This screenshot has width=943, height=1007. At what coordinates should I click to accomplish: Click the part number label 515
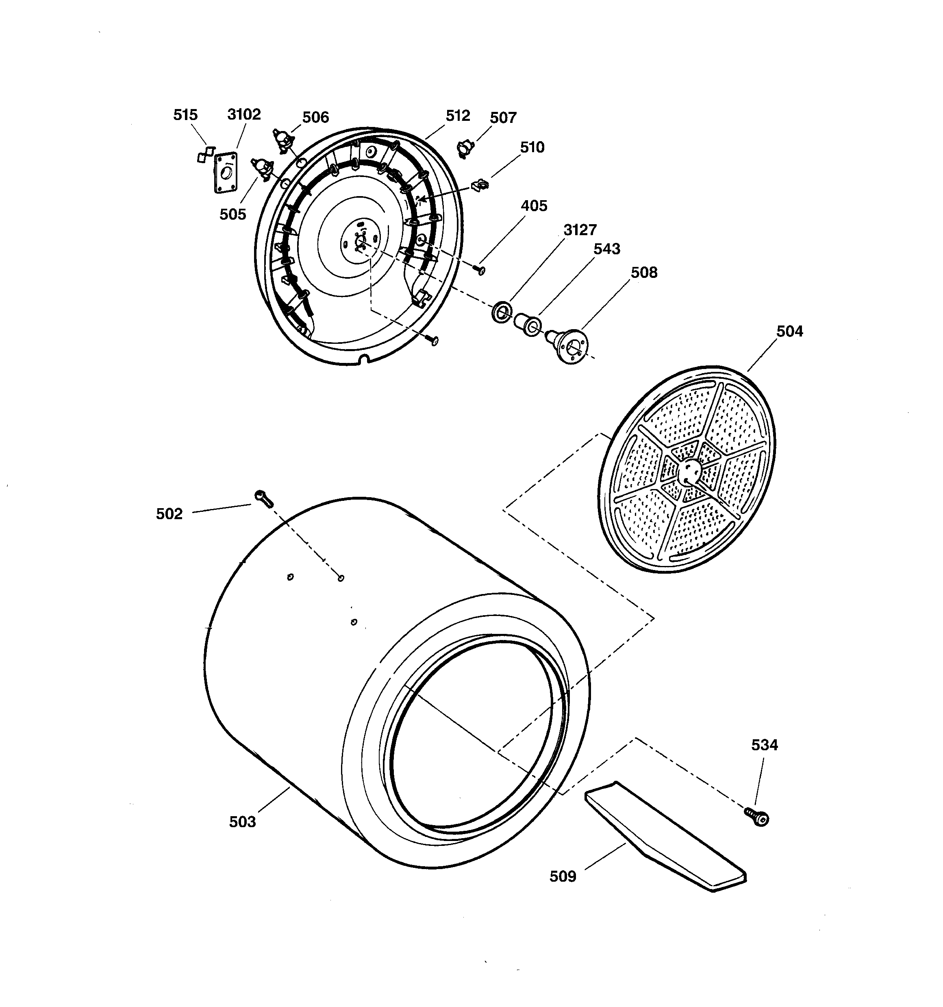pos(185,115)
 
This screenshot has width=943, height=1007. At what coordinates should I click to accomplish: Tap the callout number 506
pos(315,118)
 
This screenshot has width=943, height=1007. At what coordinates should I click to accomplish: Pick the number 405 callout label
pos(534,206)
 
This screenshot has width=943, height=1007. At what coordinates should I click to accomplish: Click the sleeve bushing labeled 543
pos(526,324)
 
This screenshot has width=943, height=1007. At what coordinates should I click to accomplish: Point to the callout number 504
pos(790,331)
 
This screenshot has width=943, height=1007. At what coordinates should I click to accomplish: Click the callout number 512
pos(458,116)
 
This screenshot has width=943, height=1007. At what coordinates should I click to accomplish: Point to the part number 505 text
pos(232,214)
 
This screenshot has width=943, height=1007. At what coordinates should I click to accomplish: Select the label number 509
pos(563,876)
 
